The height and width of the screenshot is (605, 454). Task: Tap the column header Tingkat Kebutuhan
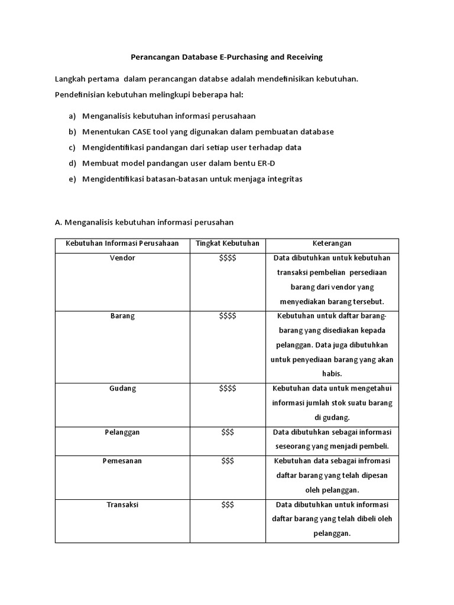tap(227, 243)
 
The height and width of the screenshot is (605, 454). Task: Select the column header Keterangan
tap(332, 243)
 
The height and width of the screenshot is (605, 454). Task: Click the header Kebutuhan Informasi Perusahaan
tap(122, 243)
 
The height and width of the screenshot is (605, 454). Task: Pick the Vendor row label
tap(122, 258)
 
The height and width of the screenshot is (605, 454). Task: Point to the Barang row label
tap(122, 316)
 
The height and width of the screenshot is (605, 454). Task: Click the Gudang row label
tap(122, 388)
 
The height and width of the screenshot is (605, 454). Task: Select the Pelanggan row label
tap(122, 432)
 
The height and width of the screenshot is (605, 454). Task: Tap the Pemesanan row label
tap(122, 461)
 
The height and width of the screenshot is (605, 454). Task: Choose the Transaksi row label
tap(122, 505)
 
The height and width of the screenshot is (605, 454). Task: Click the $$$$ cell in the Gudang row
tap(227, 388)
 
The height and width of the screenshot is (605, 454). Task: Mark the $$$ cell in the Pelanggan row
tap(227, 432)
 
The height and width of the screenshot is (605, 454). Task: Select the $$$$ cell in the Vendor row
tap(227, 258)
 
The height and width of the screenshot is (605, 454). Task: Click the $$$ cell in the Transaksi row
tap(227, 505)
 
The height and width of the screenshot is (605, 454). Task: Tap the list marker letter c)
tap(72, 147)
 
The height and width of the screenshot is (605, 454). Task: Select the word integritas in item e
tap(283, 179)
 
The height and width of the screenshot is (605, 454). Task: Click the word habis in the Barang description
tap(332, 374)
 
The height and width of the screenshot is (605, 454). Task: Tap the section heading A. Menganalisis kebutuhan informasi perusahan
tap(144, 223)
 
